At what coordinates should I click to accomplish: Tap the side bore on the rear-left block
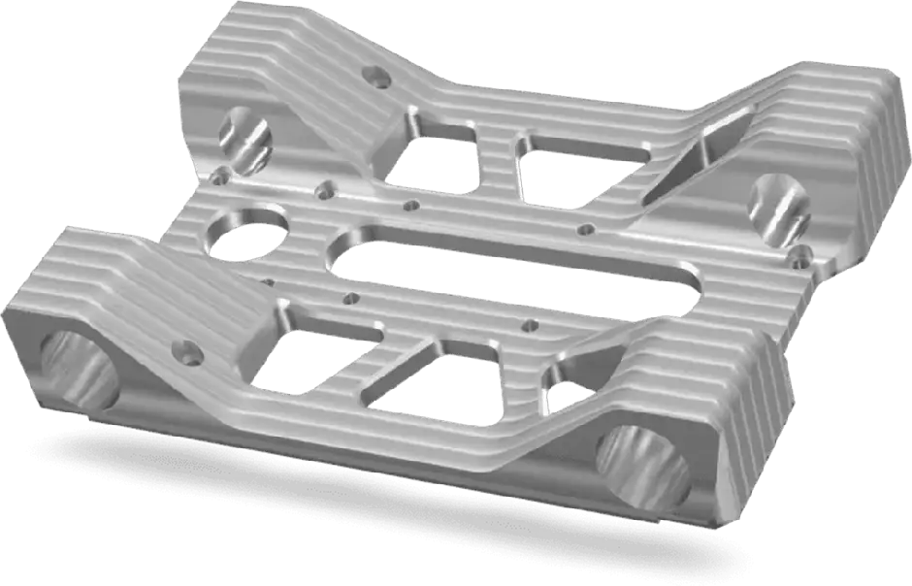point(245,139)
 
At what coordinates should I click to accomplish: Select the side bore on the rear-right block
point(781,207)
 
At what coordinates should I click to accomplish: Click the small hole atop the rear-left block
point(374,75)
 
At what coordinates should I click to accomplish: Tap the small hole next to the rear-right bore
point(801,256)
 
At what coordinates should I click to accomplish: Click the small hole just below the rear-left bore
point(222,176)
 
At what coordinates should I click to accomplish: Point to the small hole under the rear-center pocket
point(585,230)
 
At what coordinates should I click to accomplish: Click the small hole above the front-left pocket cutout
point(351,299)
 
